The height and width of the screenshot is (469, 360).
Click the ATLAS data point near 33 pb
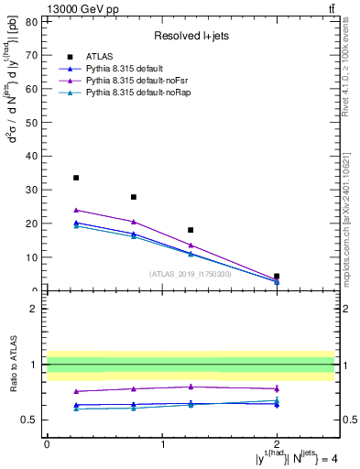tap(76, 178)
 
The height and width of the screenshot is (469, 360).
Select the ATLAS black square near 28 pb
tap(134, 197)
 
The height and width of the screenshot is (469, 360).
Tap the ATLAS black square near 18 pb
tap(191, 230)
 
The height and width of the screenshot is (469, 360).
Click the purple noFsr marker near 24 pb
tap(76, 210)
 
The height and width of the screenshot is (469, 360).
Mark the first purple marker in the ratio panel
tap(76, 391)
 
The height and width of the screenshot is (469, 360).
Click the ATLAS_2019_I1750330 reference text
tap(190, 274)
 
